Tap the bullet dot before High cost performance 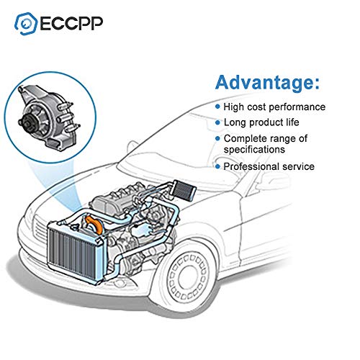[218, 107]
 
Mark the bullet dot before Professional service [218, 167]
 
